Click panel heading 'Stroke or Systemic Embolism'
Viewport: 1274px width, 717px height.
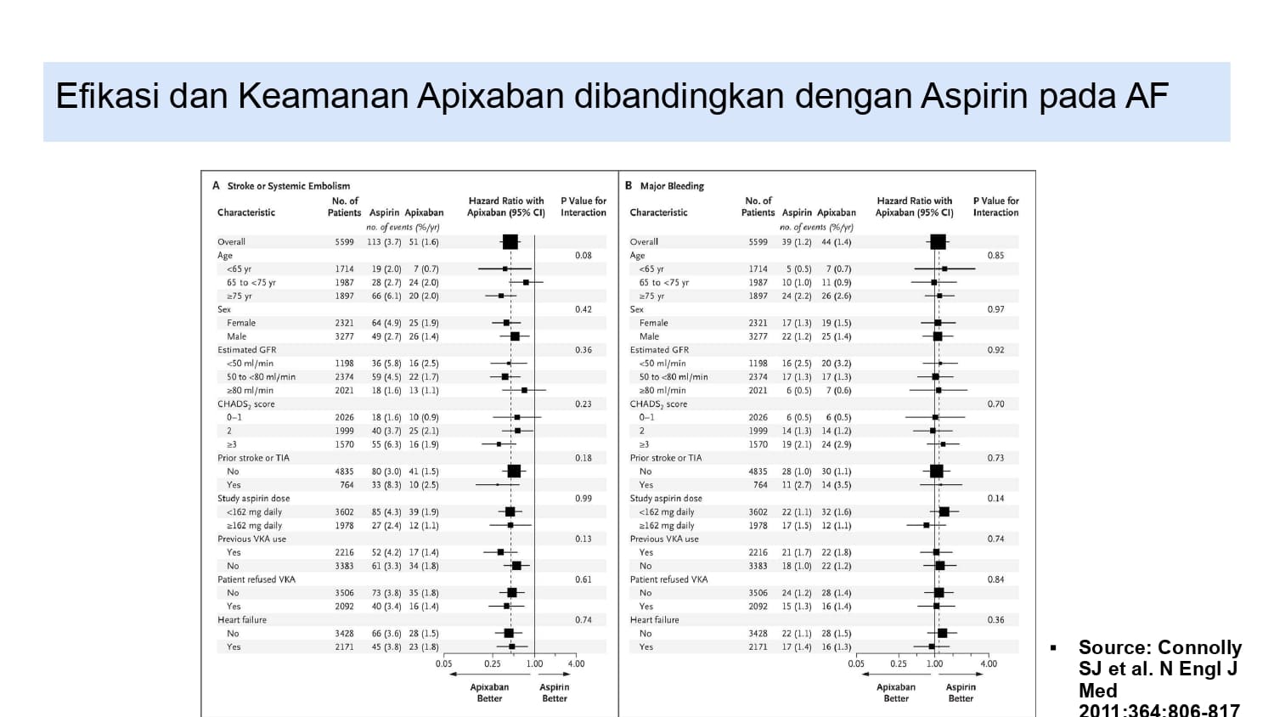288,186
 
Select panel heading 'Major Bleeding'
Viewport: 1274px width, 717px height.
672,186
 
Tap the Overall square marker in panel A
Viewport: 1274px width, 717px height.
510,242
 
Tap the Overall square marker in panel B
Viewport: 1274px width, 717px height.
938,242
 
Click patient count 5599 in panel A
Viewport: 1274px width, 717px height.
344,242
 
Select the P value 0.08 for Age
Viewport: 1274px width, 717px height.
583,256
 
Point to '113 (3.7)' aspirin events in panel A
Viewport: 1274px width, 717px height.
384,242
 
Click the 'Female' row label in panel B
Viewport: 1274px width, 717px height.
653,323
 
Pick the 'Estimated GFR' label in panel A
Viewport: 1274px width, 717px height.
246,350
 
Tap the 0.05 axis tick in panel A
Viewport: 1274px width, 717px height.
444,664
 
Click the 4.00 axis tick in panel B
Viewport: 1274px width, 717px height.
989,664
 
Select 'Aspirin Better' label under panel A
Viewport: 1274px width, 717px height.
554,692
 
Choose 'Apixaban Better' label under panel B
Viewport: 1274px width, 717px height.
896,692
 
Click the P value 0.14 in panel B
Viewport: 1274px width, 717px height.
995,499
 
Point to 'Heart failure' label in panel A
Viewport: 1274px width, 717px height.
242,620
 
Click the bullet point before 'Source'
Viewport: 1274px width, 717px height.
1053,648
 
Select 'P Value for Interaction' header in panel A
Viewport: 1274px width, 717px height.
583,206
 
